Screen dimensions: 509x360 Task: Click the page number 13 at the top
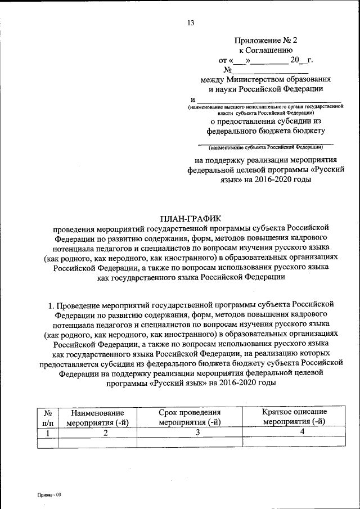click(190, 23)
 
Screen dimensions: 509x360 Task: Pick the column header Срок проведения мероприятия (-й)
click(189, 417)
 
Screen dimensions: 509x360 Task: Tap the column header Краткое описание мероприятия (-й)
click(294, 417)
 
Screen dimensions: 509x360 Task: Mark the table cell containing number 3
click(189, 433)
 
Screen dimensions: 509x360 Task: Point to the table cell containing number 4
click(294, 433)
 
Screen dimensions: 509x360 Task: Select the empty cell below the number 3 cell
click(189, 443)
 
